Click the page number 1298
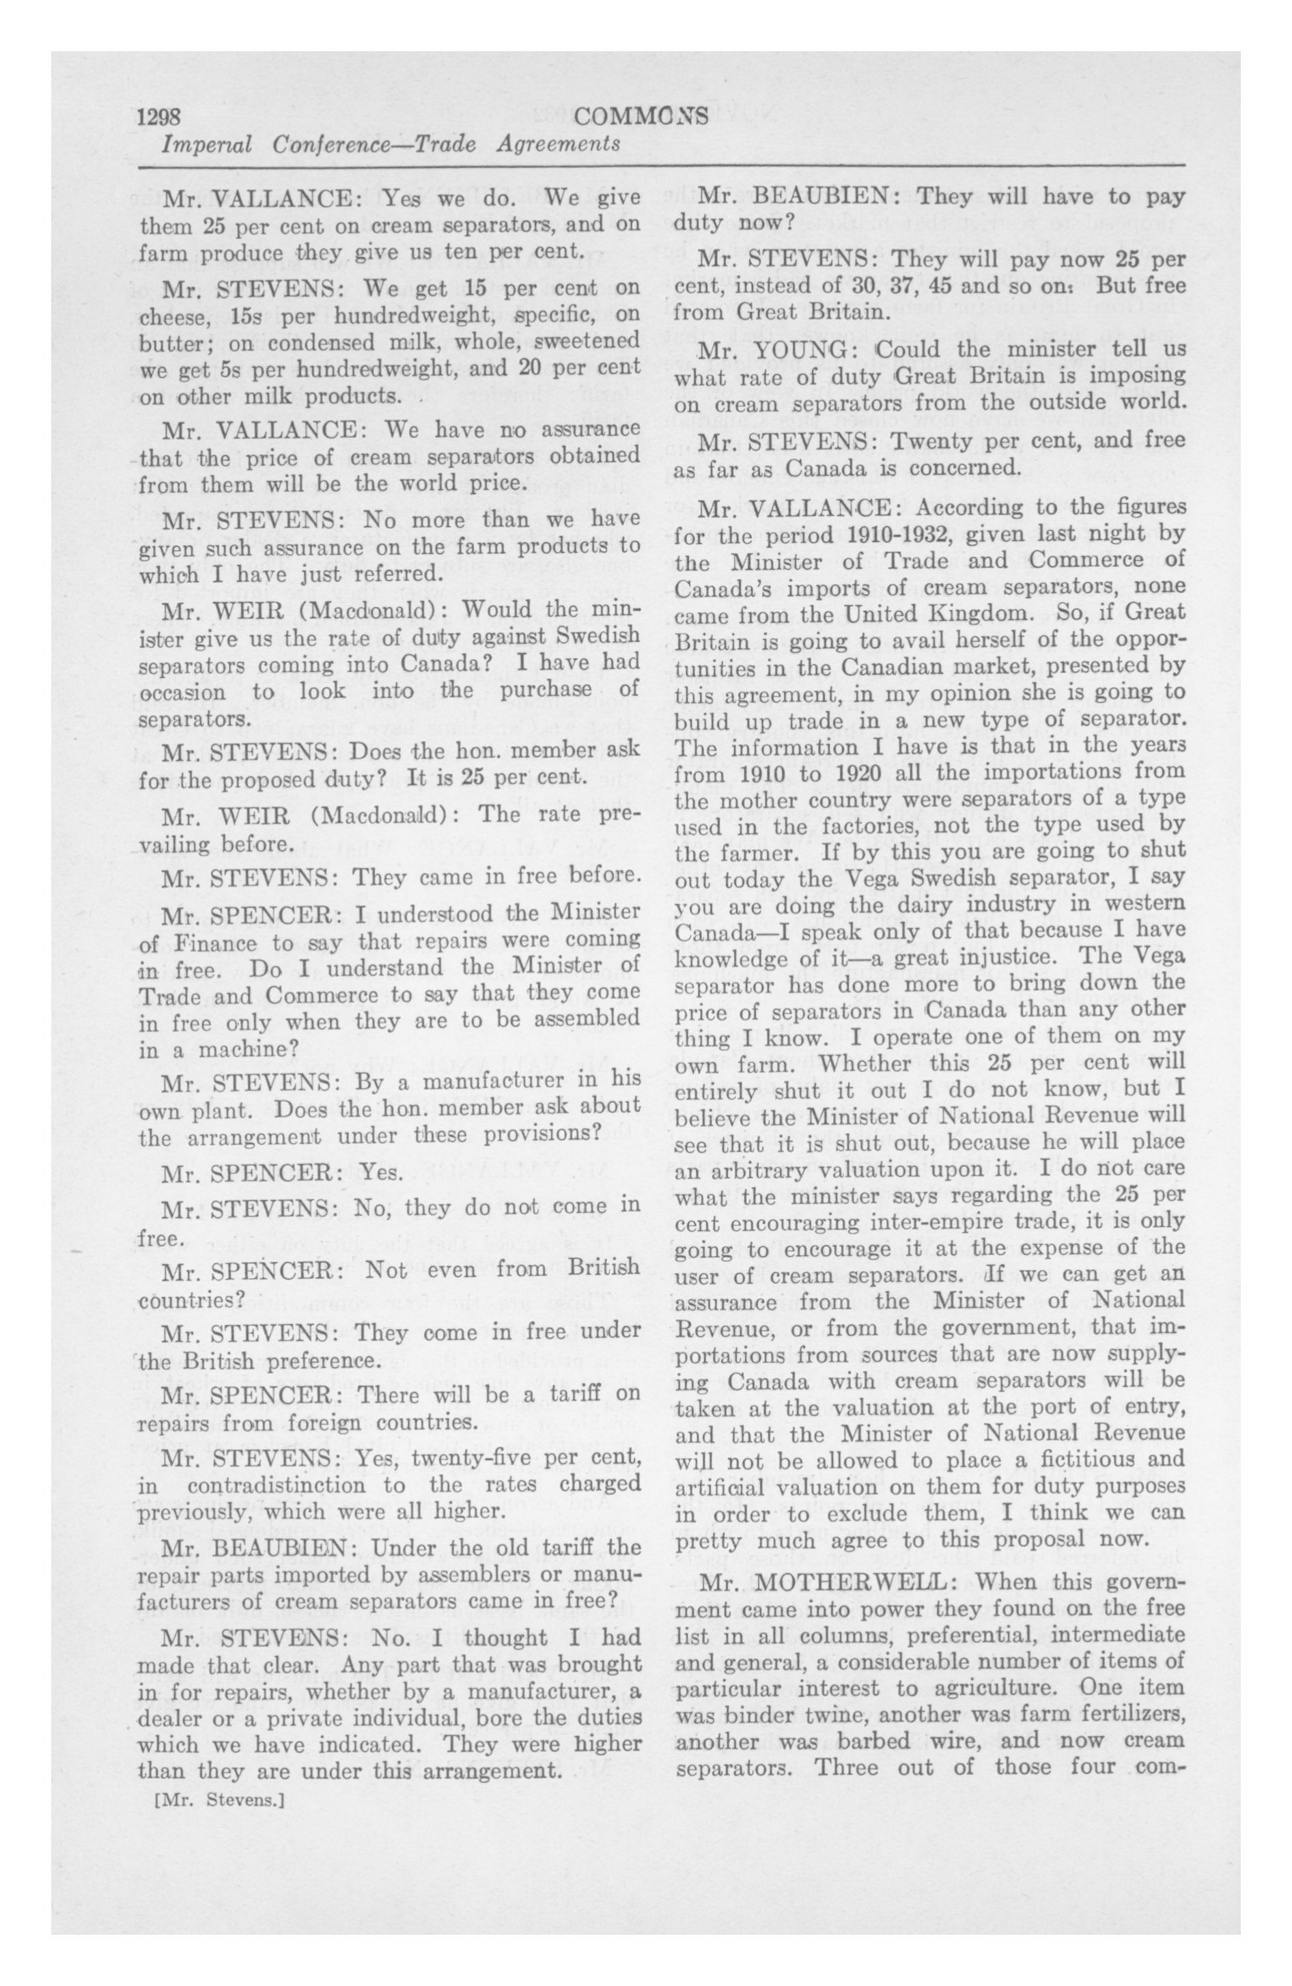pos(165,116)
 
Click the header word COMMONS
pos(641,116)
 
